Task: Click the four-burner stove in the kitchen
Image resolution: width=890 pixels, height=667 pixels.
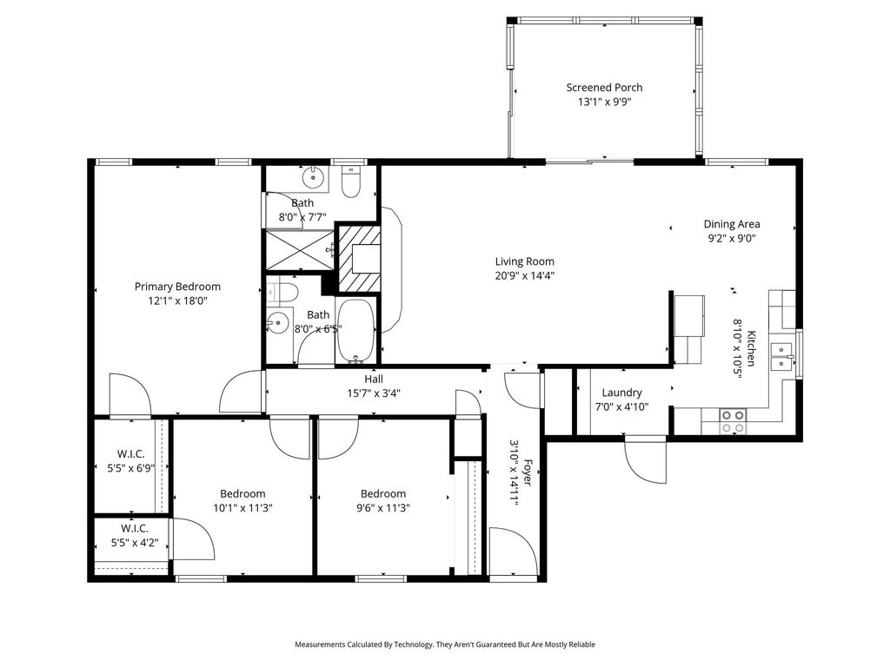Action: [x=732, y=421]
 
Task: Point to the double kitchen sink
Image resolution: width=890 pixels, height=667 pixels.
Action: [x=783, y=355]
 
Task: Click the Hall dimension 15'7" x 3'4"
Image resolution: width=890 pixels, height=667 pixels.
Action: [x=374, y=393]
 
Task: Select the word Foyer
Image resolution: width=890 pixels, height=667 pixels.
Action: [x=528, y=472]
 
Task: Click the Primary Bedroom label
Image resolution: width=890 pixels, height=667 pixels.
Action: [x=177, y=287]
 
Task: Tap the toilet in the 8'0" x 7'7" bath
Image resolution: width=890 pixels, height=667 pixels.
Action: [x=351, y=181]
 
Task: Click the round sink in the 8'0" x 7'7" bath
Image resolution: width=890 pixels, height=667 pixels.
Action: [x=313, y=177]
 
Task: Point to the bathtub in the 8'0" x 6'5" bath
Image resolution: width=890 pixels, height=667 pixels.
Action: [x=355, y=331]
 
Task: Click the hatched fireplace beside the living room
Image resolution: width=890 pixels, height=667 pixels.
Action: [x=359, y=259]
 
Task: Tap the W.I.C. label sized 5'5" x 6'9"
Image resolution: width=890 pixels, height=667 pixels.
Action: [x=131, y=461]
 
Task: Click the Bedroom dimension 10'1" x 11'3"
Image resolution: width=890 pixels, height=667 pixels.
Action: [x=243, y=508]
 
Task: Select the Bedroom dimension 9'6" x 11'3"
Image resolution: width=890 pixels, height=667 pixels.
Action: [x=383, y=508]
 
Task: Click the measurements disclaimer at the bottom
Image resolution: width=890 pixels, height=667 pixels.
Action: [x=445, y=644]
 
